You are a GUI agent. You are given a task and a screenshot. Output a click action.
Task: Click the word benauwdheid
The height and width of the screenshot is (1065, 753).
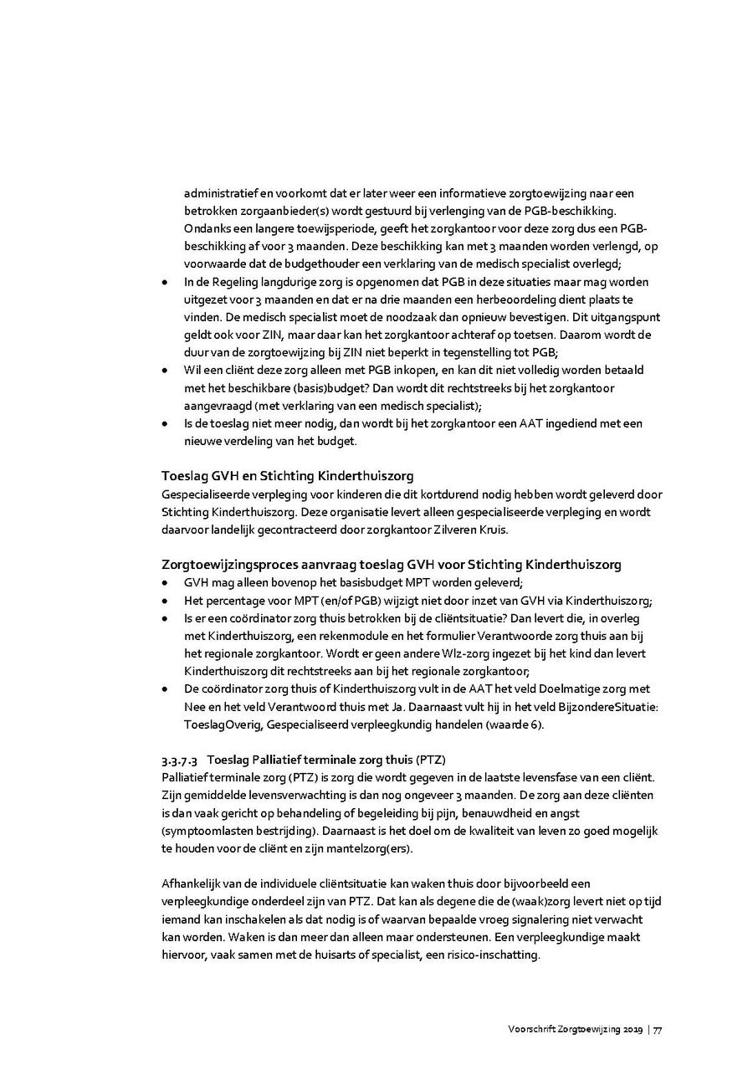click(484, 812)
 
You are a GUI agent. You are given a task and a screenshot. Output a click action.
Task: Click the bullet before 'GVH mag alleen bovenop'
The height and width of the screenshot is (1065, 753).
click(166, 583)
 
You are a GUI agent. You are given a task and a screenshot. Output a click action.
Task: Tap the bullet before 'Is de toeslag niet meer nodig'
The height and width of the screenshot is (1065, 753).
click(166, 424)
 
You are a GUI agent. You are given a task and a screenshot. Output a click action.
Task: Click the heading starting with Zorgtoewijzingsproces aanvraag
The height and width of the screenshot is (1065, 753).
click(391, 565)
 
